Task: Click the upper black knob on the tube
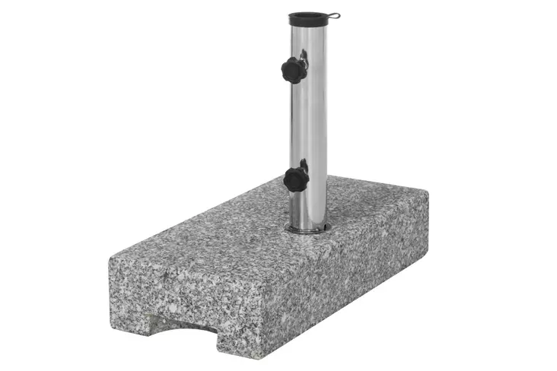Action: tap(293, 70)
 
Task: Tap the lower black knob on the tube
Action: tap(295, 179)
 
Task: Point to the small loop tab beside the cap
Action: tap(331, 15)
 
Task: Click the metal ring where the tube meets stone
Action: tap(307, 228)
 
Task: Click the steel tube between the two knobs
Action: tap(313, 122)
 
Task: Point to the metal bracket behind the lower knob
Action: tap(304, 165)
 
